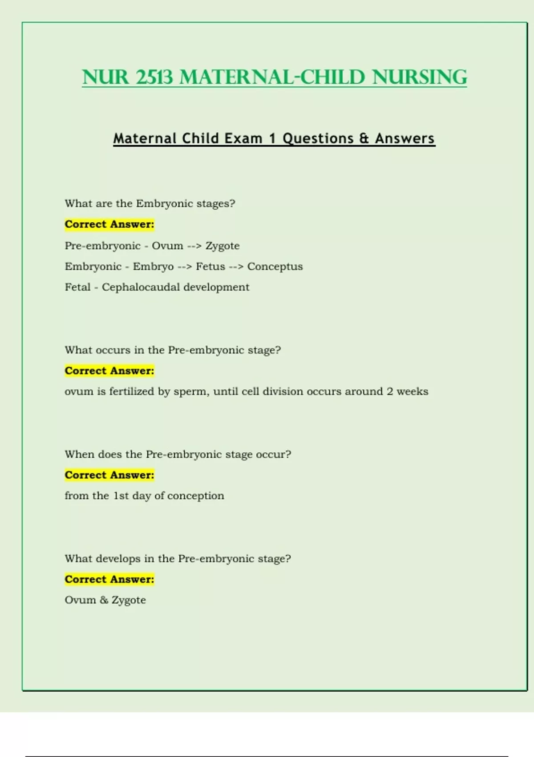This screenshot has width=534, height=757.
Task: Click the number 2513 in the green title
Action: (x=154, y=77)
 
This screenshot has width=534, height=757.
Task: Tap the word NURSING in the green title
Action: (x=420, y=77)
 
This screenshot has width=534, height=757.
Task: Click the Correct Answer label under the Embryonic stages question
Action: (x=109, y=224)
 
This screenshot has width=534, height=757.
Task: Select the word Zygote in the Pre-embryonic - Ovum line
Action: (x=222, y=246)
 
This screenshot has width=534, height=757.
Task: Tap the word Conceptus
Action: (x=275, y=266)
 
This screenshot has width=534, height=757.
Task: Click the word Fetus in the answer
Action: (x=210, y=266)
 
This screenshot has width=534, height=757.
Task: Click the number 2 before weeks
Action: (x=390, y=391)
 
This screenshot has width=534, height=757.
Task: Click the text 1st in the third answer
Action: (x=121, y=496)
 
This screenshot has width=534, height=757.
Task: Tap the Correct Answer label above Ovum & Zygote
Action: (x=109, y=579)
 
